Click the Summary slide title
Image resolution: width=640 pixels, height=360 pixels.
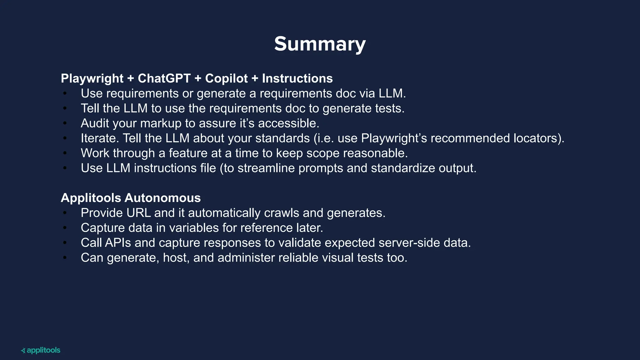point(320,44)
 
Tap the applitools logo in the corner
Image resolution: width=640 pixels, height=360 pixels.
point(41,350)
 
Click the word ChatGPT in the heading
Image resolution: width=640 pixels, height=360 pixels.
point(164,78)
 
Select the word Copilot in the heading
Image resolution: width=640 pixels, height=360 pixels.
point(226,78)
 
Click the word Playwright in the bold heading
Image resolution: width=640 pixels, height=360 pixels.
point(92,78)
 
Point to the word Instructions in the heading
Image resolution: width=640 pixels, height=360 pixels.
point(297,78)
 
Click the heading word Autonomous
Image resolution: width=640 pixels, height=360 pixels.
point(162,198)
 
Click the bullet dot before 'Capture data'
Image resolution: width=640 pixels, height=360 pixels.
point(65,228)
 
